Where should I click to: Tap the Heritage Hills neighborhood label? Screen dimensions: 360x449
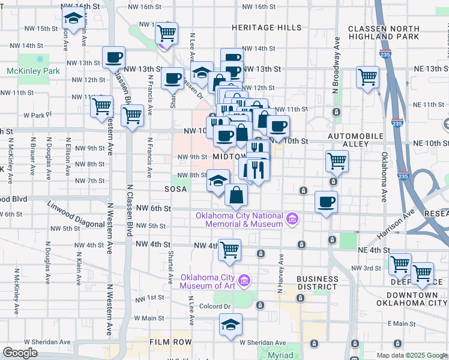[267, 28]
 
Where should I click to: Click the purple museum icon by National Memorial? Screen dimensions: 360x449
[292, 219]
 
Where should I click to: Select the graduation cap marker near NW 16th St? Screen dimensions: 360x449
[73, 19]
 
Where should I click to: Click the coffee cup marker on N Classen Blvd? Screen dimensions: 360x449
[113, 58]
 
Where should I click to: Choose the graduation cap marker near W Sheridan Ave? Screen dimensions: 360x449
[231, 325]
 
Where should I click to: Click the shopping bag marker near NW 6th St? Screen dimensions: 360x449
[237, 194]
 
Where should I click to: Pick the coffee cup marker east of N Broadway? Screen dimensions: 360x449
[326, 202]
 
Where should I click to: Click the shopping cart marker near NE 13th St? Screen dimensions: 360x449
[367, 77]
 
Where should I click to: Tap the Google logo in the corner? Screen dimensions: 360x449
[20, 353]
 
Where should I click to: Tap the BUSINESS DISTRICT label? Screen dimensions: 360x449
[318, 283]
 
